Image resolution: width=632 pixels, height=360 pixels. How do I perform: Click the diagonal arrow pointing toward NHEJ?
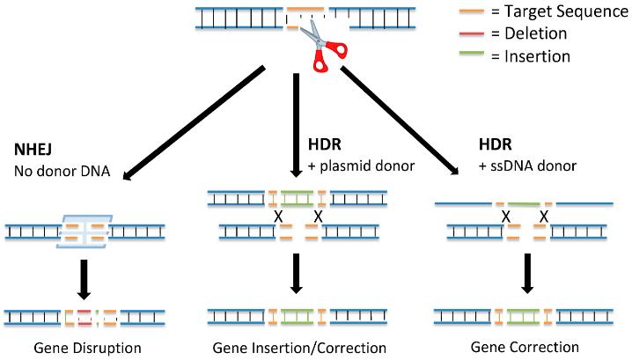[x=194, y=123]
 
